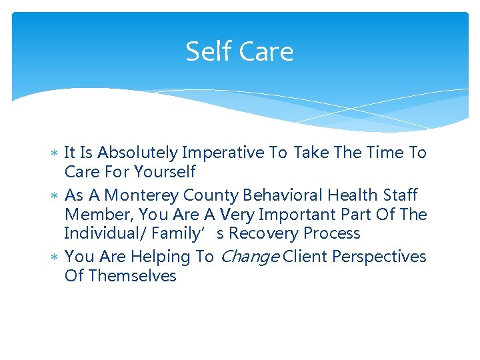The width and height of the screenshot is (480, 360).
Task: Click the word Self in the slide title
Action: point(206,51)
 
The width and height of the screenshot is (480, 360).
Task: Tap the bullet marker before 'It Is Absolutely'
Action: point(55,153)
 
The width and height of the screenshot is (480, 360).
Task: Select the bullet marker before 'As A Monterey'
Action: point(55,196)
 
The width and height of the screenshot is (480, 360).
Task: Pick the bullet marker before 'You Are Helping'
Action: point(55,257)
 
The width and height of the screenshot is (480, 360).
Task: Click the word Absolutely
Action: point(139,153)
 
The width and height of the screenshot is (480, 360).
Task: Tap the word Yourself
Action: point(164,172)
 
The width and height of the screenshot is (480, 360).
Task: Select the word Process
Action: point(331,233)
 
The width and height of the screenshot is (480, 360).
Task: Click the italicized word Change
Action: point(249,257)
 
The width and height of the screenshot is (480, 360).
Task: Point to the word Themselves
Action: point(133,276)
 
